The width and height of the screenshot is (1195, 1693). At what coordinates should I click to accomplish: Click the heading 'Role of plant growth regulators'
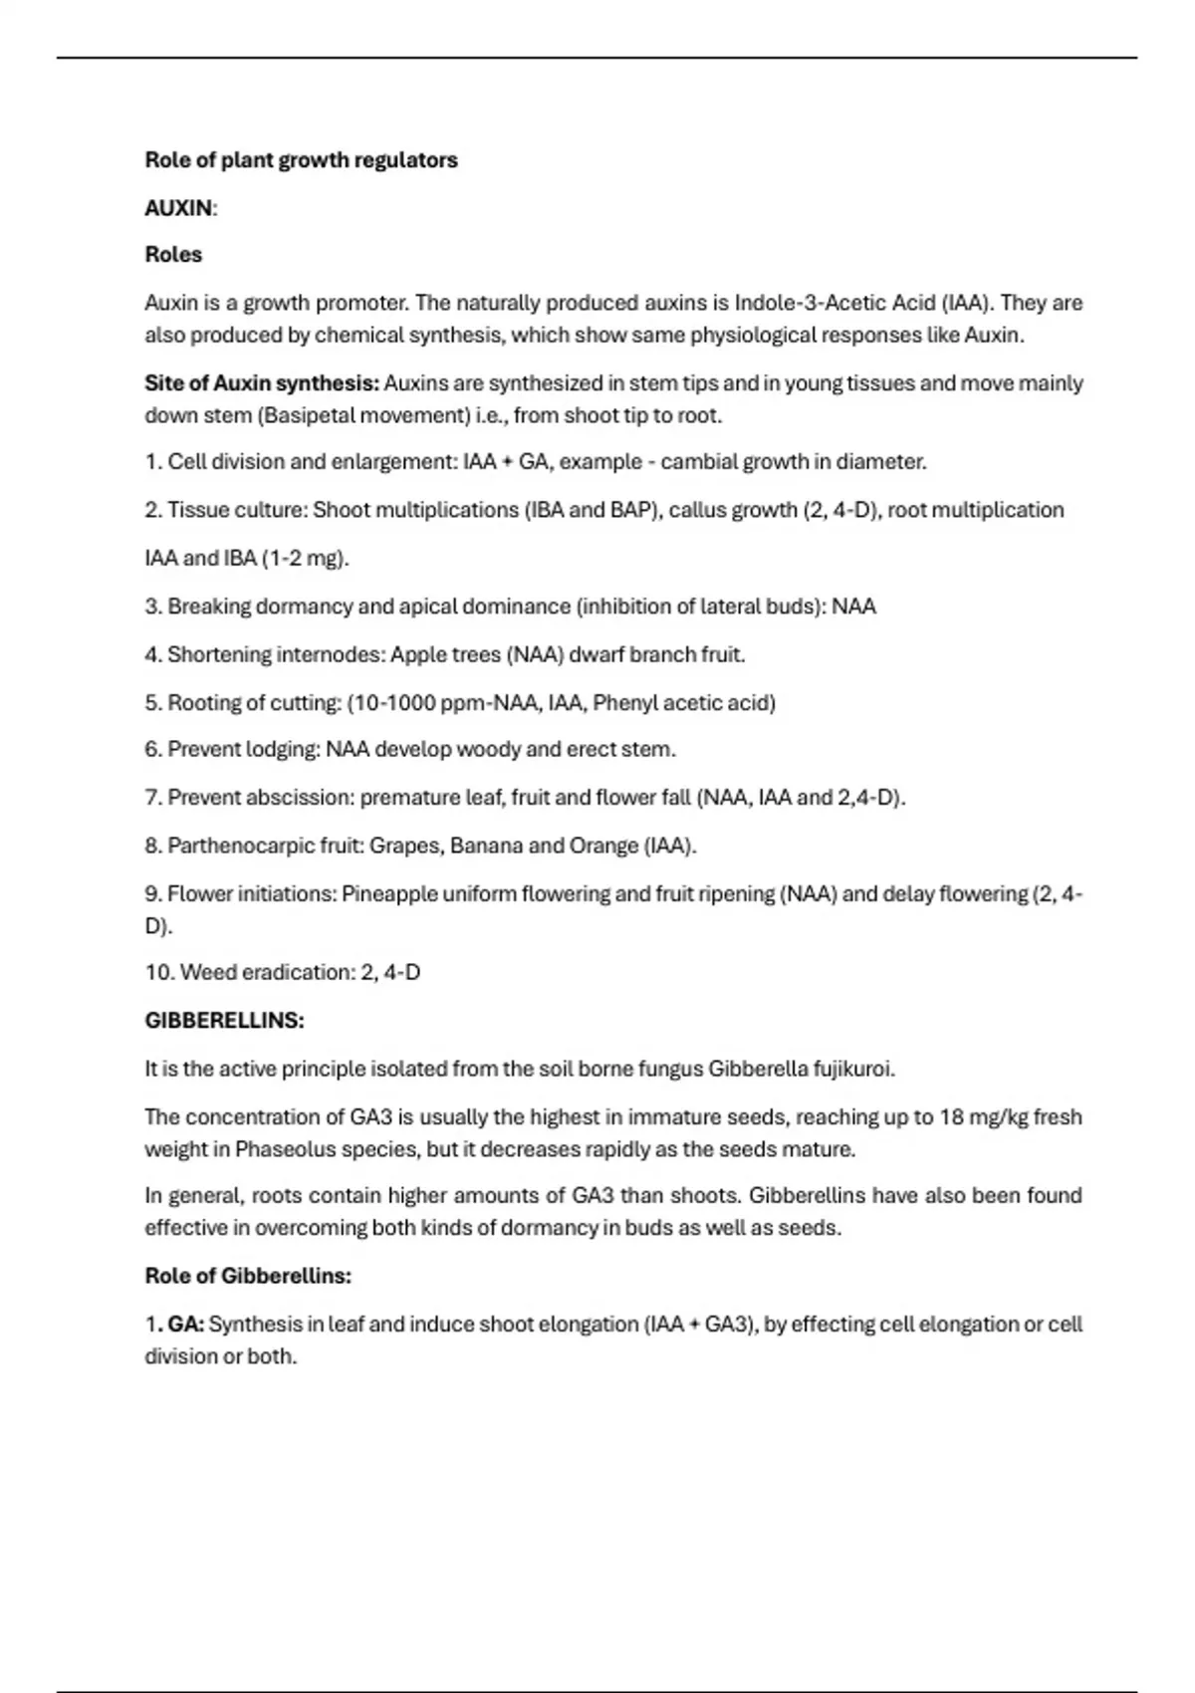click(x=301, y=160)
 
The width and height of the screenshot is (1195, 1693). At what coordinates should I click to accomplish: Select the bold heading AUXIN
click(x=179, y=208)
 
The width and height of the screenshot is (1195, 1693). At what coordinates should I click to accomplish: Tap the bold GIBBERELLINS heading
click(x=224, y=1021)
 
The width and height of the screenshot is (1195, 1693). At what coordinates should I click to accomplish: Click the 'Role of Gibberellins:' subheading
click(x=248, y=1276)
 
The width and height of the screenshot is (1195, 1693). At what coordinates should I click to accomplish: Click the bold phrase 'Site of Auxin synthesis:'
click(x=262, y=383)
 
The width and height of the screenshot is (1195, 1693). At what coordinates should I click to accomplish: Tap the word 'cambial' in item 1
click(x=698, y=462)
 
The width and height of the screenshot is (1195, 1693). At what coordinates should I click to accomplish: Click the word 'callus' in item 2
click(x=700, y=510)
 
